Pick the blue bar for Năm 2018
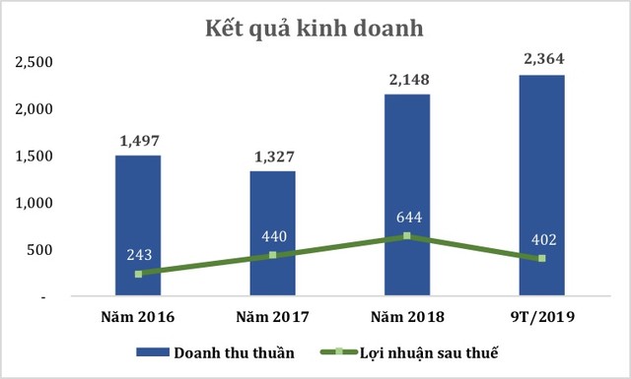pyautogui.click(x=406, y=177)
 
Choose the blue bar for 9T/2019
pyautogui.click(x=541, y=167)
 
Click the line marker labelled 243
pyautogui.click(x=138, y=274)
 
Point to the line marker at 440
pyautogui.click(x=272, y=255)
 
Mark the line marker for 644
pyautogui.click(x=406, y=236)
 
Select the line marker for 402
pyautogui.click(x=541, y=259)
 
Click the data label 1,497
pyautogui.click(x=138, y=142)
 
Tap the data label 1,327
pyautogui.click(x=272, y=158)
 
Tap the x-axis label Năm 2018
pyautogui.click(x=406, y=317)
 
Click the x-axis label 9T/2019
pyautogui.click(x=541, y=317)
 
